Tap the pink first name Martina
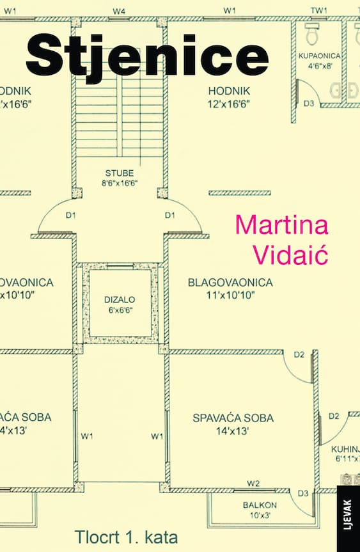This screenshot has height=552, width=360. tap(282, 225)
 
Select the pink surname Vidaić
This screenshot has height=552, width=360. tap(291, 254)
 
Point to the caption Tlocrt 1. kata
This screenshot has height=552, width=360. tap(127, 537)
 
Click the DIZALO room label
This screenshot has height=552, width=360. tap(120, 299)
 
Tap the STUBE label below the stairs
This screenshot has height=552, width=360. tap(120, 173)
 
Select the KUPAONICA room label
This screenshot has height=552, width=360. tap(320, 56)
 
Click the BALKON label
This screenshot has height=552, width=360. tap(260, 505)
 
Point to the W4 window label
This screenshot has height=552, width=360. tap(119, 12)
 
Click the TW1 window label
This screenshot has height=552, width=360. tap(319, 11)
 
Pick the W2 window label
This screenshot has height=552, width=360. tap(253, 484)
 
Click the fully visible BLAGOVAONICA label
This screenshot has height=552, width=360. tap(230, 283)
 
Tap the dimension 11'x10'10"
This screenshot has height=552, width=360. tap(230, 295)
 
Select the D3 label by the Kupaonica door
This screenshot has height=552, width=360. tap(309, 104)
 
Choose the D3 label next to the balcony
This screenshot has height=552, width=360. tap(303, 494)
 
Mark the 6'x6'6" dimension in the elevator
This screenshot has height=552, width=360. tap(120, 310)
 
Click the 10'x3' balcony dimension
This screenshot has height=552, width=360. tap(260, 516)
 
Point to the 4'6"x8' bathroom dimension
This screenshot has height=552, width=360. tap(320, 66)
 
